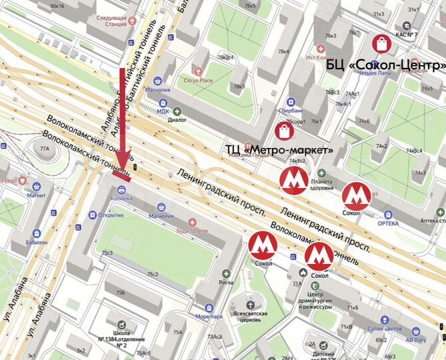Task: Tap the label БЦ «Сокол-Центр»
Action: tap(386, 66)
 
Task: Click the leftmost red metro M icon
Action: tap(263, 245)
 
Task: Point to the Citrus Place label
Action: tap(197, 81)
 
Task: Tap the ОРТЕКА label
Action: tap(389, 223)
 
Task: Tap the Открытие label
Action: tap(111, 215)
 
